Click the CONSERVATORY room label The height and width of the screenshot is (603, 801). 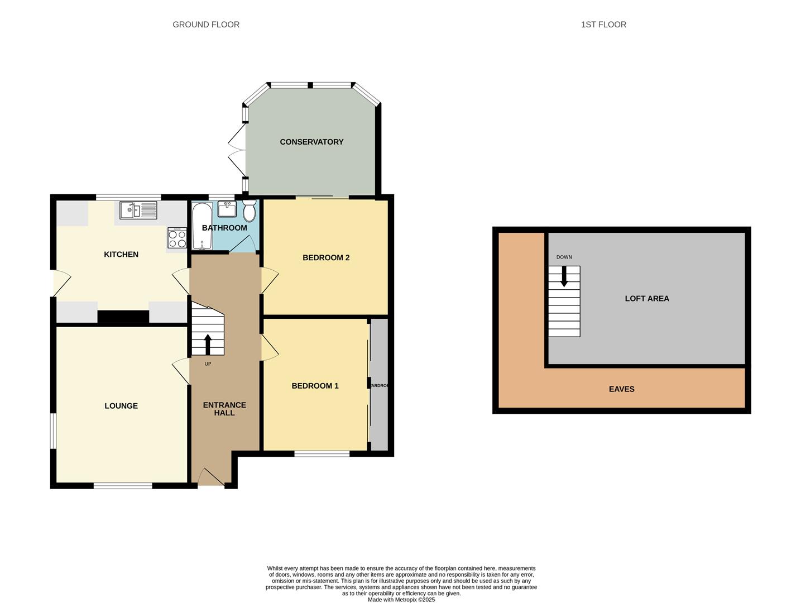pyautogui.click(x=311, y=142)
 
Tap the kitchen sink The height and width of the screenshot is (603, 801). pyautogui.click(x=138, y=210)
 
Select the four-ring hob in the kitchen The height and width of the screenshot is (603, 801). pyautogui.click(x=178, y=238)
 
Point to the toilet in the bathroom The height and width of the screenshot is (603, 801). pyautogui.click(x=249, y=210)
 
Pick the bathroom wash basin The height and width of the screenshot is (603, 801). pyautogui.click(x=227, y=209)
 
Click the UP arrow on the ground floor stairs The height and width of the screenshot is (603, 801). pyautogui.click(x=208, y=344)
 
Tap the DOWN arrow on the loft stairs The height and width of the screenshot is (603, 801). pyautogui.click(x=564, y=276)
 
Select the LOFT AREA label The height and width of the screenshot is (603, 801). pyautogui.click(x=646, y=299)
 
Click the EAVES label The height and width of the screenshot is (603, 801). pyautogui.click(x=621, y=389)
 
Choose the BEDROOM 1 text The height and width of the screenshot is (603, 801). pyautogui.click(x=315, y=386)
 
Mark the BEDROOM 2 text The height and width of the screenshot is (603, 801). pyautogui.click(x=326, y=258)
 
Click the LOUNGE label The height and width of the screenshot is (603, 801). pyautogui.click(x=121, y=406)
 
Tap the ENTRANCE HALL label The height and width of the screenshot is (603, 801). pyautogui.click(x=224, y=409)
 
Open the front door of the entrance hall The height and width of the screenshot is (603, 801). pyautogui.click(x=211, y=477)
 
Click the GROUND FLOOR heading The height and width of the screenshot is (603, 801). pyautogui.click(x=206, y=25)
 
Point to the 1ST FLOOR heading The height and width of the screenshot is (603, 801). pyautogui.click(x=603, y=25)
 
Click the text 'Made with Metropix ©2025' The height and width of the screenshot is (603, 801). pyautogui.click(x=401, y=600)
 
